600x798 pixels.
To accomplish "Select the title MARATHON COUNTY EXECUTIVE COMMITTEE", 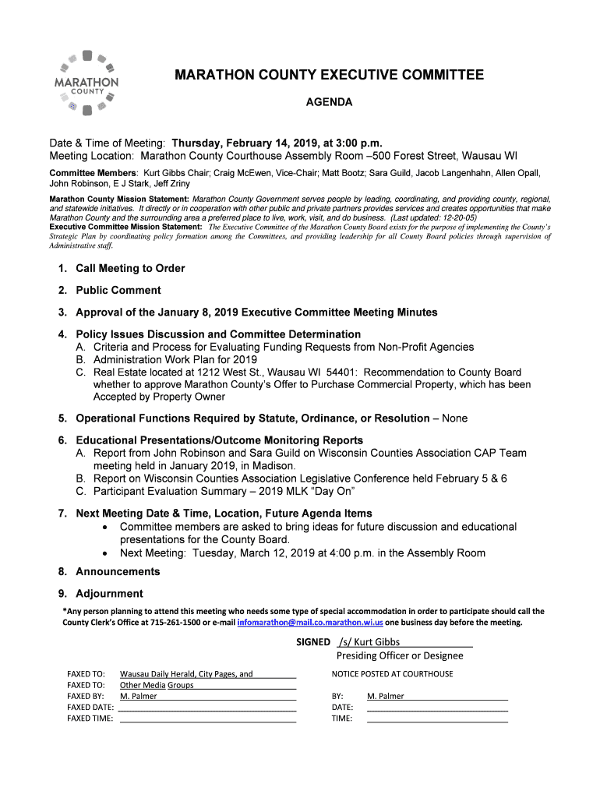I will [328, 76].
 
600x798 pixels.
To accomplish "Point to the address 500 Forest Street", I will [413, 155].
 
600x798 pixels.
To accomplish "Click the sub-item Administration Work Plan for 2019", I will [175, 360].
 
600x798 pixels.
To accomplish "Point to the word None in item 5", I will [454, 418].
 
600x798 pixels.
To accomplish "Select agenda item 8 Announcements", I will [117, 572].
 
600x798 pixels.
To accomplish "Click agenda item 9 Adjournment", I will [109, 594].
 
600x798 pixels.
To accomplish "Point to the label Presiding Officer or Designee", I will [400, 655].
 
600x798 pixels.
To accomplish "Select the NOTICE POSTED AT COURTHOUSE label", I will [392, 674].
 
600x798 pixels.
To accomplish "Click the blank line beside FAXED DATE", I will [206, 708].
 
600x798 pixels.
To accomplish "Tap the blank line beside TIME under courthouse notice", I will [436, 719].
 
